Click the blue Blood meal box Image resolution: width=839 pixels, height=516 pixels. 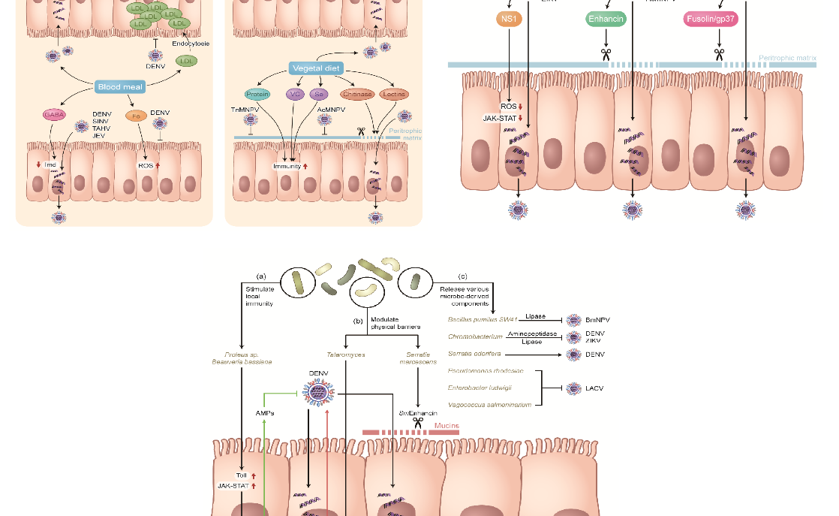pos(120,87)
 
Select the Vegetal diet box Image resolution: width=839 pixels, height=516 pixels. pos(315,68)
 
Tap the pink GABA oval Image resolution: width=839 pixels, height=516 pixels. pos(54,114)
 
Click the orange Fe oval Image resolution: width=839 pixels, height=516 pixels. pos(136,116)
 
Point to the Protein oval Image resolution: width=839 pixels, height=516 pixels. pos(257,95)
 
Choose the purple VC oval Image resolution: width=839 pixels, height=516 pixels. pos(294,95)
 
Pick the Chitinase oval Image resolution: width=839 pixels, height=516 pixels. pos(356,95)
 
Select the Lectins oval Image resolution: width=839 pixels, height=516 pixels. pos(394,95)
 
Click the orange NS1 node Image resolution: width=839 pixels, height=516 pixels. pos(509,19)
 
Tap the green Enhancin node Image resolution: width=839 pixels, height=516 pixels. pos(606,19)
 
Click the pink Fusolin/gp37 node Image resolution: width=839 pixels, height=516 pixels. pos(711,19)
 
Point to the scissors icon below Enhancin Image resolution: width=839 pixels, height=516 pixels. pos(606,54)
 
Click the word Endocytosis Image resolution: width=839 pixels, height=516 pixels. pos(191,44)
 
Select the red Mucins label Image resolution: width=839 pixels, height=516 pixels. pos(447,426)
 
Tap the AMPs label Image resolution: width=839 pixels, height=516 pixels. pos(264,413)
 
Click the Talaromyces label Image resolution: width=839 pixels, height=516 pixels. pos(345,354)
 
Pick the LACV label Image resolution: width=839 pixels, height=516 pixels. pos(594,388)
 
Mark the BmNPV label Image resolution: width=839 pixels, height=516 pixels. pos(597,320)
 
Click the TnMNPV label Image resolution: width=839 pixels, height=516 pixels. pos(245,110)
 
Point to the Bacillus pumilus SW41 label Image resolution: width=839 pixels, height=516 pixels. pos(482,320)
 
